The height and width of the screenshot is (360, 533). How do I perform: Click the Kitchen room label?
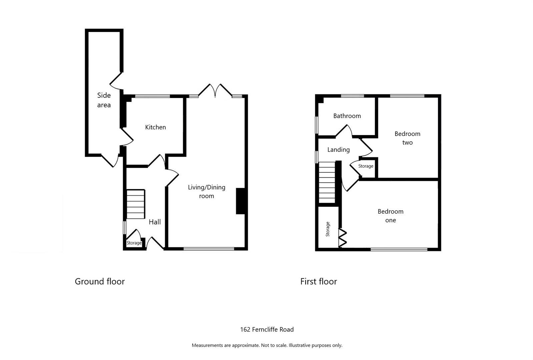point(155,127)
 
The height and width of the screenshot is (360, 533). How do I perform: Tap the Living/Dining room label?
point(206,191)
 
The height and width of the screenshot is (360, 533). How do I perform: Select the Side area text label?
point(104,100)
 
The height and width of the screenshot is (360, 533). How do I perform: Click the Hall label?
point(155,222)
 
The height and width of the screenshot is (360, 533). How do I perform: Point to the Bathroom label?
point(347,116)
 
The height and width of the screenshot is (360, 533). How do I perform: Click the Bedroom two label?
point(407,138)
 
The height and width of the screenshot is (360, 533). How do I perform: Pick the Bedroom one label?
point(390,216)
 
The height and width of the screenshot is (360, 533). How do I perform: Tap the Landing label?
point(338,150)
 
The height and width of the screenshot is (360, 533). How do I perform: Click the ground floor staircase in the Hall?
point(135,204)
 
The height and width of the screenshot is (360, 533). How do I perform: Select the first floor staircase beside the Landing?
point(327,182)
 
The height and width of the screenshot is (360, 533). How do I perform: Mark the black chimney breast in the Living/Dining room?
point(241,201)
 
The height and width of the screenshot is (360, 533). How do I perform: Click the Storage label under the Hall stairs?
point(134,243)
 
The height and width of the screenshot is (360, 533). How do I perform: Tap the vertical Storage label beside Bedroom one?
point(328,229)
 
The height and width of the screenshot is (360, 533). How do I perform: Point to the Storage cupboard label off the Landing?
point(366,166)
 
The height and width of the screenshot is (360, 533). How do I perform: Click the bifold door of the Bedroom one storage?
point(343,237)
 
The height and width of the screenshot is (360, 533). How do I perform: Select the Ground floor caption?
point(100,281)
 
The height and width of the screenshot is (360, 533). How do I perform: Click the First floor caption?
point(319,281)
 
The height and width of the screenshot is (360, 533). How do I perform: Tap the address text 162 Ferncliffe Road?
point(267,329)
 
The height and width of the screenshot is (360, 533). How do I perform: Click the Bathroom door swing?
point(345,131)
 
